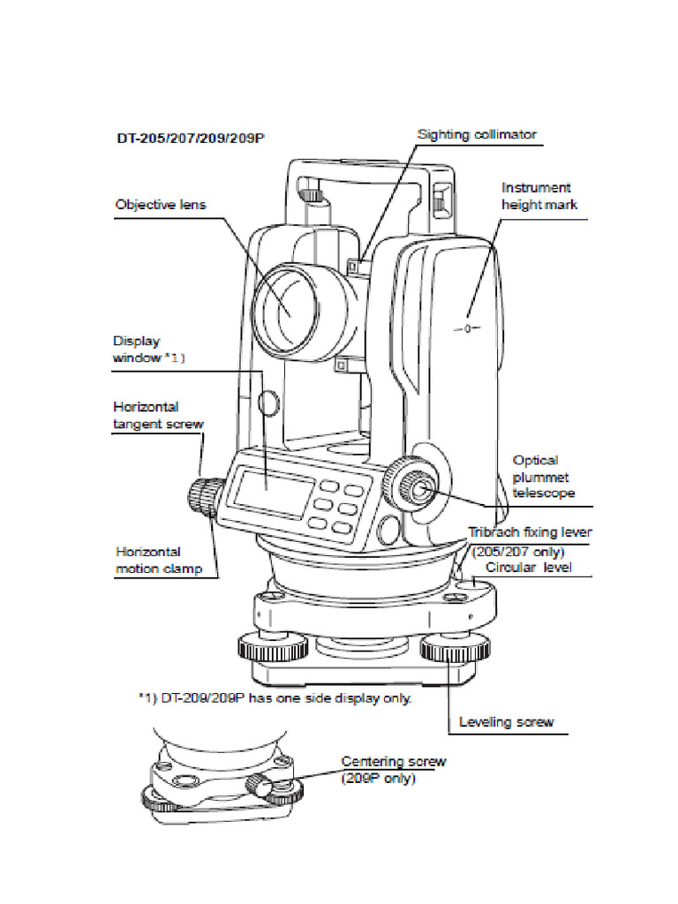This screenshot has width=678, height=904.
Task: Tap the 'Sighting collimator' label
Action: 477,134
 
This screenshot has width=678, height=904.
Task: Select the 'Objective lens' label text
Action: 161,205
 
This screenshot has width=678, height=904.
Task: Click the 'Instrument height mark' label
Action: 537,196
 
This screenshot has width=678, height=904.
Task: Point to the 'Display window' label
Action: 148,349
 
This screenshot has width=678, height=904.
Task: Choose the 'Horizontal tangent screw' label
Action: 158,415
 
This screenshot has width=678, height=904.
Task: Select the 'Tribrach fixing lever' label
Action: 529,533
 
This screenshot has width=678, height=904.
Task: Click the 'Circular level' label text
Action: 528,567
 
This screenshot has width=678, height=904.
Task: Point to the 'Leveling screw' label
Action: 506,722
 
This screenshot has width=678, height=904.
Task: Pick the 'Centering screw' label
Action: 394,761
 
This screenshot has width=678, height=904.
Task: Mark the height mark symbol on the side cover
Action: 468,328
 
